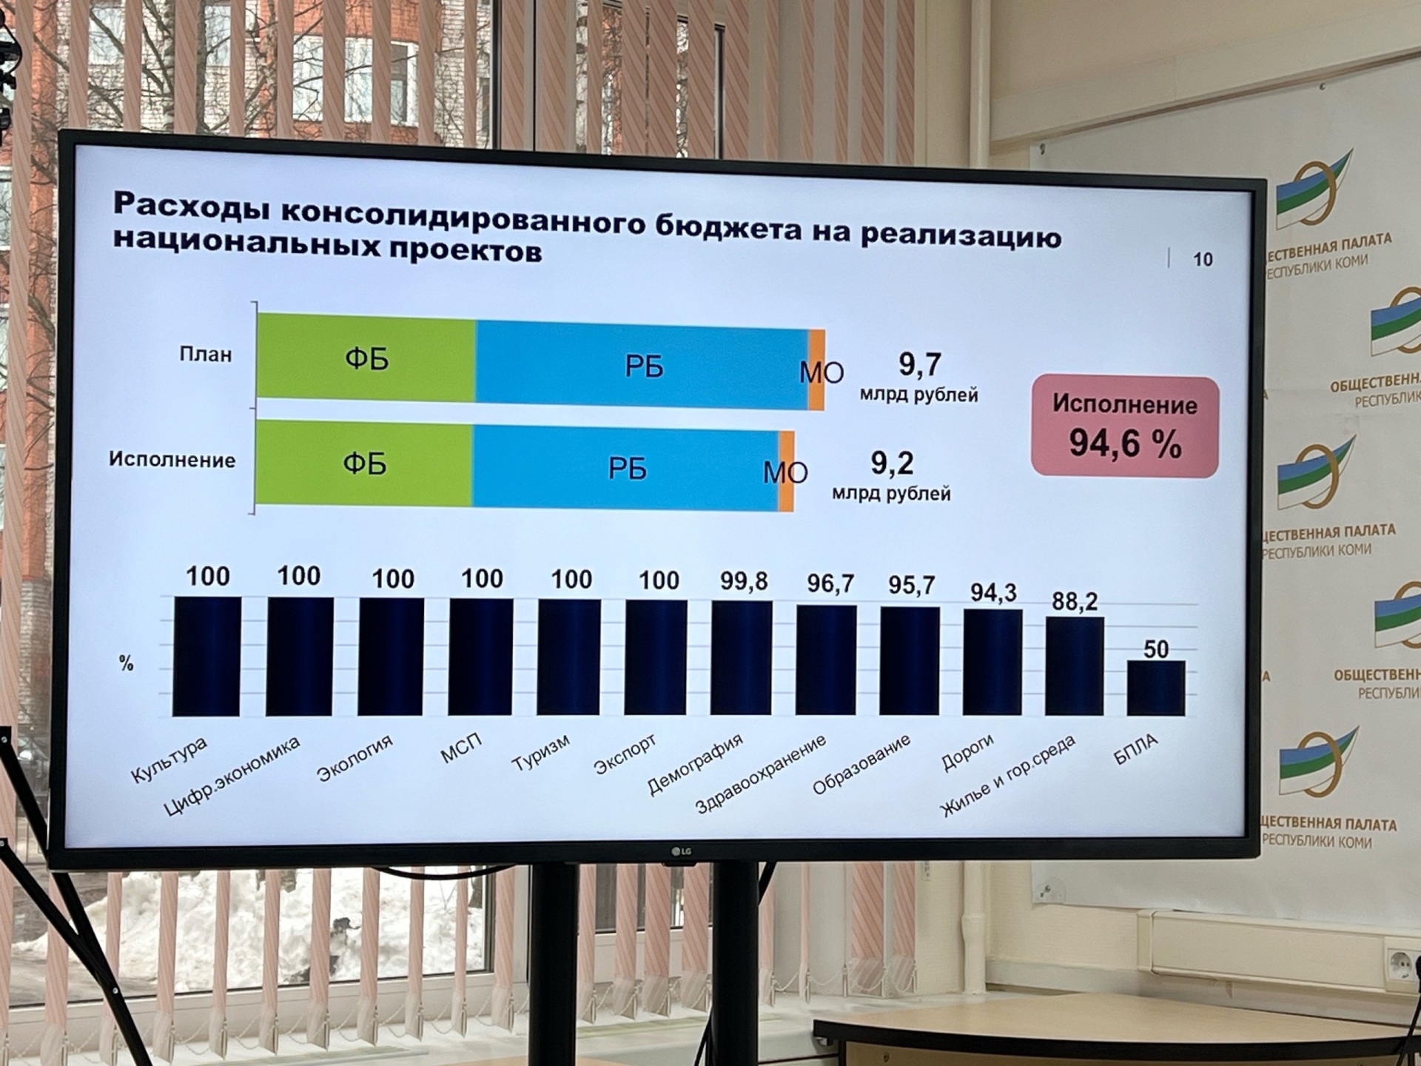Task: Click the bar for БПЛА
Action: [1155, 688]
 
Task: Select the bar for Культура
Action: [206, 657]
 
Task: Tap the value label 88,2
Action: [1075, 601]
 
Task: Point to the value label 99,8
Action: [744, 582]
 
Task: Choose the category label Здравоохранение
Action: [761, 774]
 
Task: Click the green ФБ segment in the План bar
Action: [366, 358]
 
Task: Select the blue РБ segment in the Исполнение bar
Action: [626, 468]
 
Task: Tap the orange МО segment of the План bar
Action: [817, 369]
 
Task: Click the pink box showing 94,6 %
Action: [1124, 427]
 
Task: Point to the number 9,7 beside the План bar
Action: [920, 364]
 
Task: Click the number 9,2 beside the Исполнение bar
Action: [892, 463]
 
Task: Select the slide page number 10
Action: [1203, 259]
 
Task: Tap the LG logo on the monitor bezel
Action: [681, 852]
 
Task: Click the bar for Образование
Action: [910, 661]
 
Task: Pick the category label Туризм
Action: [541, 753]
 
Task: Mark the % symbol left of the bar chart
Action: [127, 663]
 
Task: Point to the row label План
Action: [206, 355]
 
